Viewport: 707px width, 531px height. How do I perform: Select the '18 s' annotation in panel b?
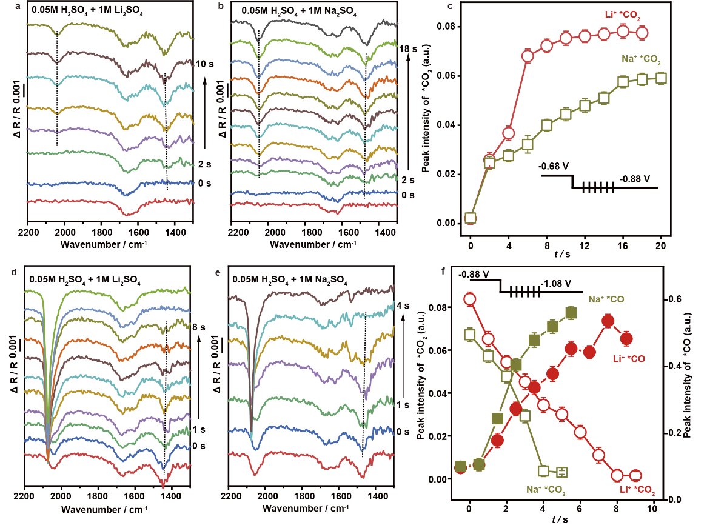(x=407, y=47)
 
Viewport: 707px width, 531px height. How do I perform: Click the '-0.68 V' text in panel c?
(x=555, y=165)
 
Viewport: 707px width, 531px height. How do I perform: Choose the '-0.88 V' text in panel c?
(x=635, y=179)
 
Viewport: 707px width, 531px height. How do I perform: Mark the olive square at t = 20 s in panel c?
(x=661, y=78)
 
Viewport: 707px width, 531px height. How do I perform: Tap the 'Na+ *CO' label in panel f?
(x=607, y=299)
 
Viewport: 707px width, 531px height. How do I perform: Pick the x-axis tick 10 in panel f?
(x=652, y=508)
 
